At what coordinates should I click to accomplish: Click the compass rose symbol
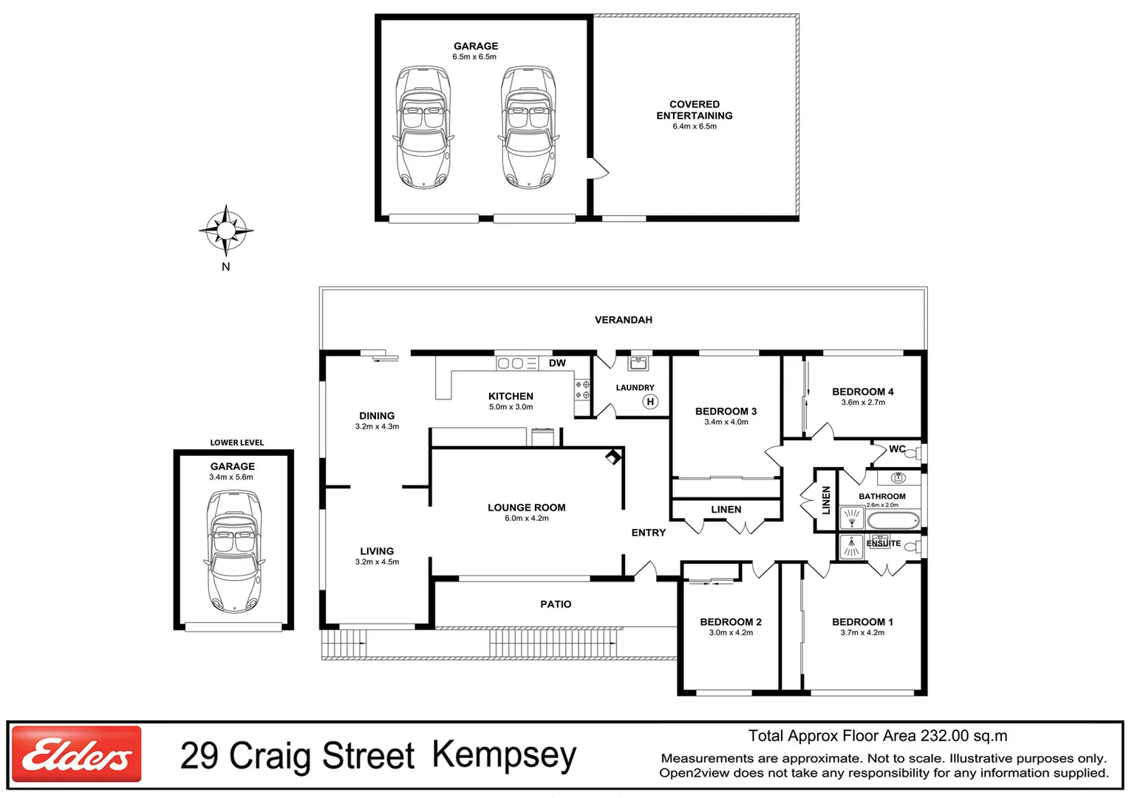226,231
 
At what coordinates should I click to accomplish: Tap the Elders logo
77,754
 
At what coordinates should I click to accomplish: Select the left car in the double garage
423,127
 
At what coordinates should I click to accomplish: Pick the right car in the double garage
528,127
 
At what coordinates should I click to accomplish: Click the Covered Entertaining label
694,110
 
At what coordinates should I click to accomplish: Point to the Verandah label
623,320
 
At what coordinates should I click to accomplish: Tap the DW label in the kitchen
557,363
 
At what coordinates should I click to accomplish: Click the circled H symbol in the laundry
650,402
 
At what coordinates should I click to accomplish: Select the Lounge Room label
526,508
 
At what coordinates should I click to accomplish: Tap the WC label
897,449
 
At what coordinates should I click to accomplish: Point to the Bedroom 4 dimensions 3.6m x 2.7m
862,403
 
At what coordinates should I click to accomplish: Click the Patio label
556,604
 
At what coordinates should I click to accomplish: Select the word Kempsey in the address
504,755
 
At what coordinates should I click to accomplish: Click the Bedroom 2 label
730,622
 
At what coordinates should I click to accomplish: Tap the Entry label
648,533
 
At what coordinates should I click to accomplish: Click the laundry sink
638,364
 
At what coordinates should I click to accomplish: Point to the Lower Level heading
236,443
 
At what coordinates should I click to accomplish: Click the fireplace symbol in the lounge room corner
613,457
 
